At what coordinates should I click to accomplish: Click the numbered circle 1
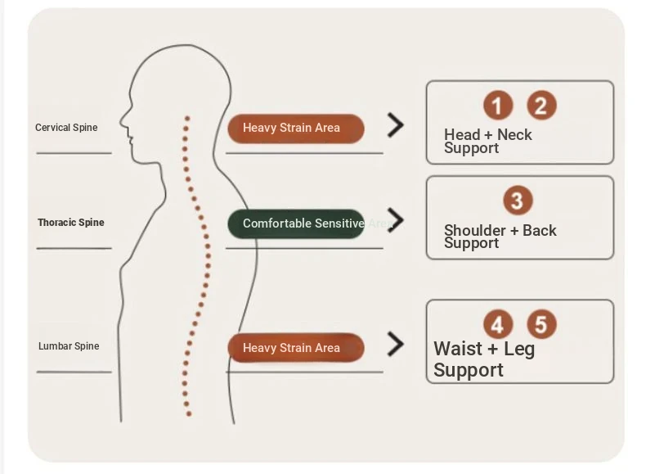(497, 105)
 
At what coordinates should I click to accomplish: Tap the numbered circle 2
(541, 105)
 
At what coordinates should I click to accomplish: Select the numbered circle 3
(517, 200)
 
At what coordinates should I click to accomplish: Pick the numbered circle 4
(497, 324)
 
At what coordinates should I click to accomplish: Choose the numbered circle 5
(541, 324)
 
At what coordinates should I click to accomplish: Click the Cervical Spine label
(66, 128)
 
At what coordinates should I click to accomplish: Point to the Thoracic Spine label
(71, 223)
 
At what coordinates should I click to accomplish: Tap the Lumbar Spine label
(69, 346)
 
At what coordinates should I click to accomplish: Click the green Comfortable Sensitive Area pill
(296, 223)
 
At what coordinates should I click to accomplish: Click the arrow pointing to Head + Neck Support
(396, 125)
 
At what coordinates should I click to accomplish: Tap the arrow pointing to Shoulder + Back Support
(397, 219)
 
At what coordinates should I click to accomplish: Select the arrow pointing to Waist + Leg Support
(396, 344)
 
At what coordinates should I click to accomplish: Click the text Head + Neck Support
(487, 142)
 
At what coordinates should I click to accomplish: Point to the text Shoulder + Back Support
(500, 237)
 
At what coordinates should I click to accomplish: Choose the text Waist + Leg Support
(483, 359)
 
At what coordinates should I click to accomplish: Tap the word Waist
(458, 349)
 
